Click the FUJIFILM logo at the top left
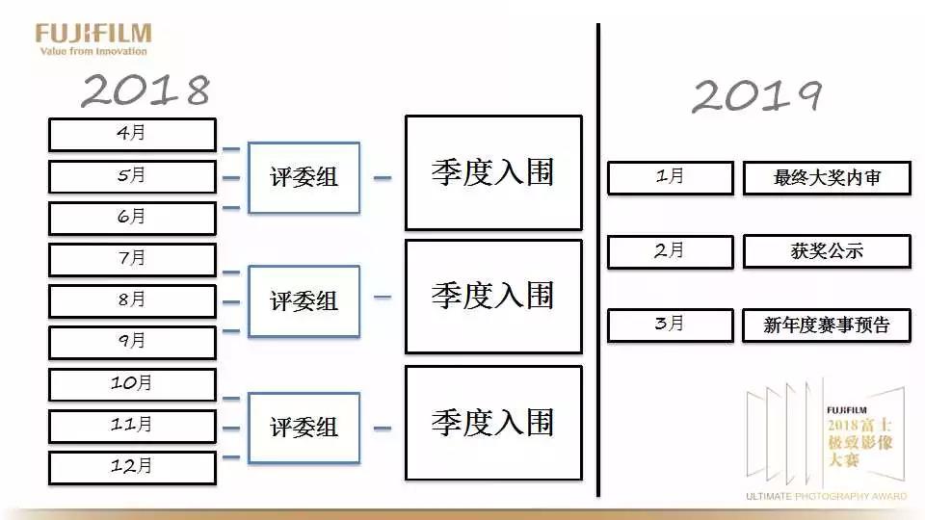click(93, 35)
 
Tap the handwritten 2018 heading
click(145, 91)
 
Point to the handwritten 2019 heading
click(756, 96)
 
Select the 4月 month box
click(132, 135)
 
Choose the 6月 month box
click(132, 218)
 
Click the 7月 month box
click(132, 259)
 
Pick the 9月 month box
click(132, 342)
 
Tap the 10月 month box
click(132, 384)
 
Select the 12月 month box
click(132, 467)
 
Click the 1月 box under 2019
click(669, 178)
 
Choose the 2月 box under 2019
click(669, 251)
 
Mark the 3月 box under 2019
click(669, 325)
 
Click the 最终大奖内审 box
click(827, 178)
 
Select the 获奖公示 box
click(827, 251)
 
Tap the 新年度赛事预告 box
click(827, 325)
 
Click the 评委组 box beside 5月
click(304, 177)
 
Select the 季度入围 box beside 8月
click(492, 297)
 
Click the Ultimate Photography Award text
click(826, 497)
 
